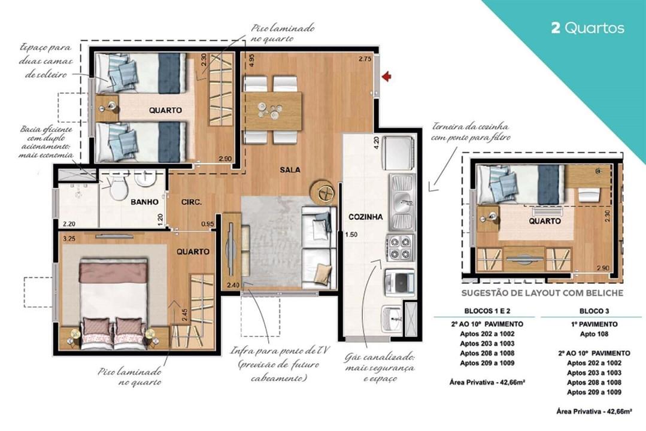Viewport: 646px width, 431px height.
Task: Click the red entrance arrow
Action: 387,76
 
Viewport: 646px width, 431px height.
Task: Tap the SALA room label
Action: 290,169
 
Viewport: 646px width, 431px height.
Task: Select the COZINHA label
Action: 365,217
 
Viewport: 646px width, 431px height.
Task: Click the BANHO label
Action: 144,202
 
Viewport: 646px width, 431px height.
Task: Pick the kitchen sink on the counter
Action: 401,197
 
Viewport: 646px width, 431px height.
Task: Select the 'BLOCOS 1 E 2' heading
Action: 487,311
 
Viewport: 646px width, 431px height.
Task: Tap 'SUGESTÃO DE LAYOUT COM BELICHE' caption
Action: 542,293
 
